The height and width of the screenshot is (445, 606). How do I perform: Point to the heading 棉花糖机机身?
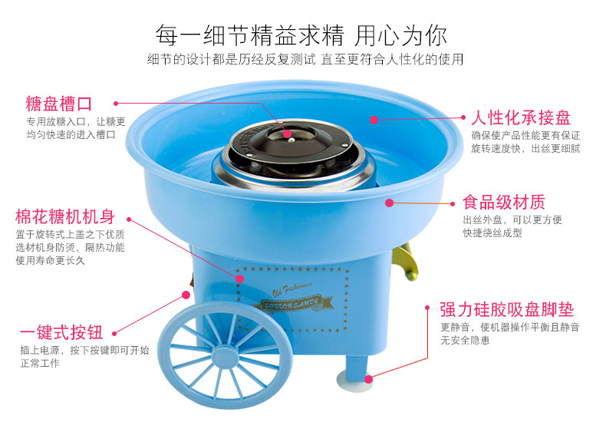(65, 216)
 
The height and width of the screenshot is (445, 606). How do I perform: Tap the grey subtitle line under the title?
(305, 59)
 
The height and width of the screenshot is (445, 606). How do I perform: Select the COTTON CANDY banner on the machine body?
(289, 305)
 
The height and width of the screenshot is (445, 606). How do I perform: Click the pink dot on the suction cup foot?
(369, 377)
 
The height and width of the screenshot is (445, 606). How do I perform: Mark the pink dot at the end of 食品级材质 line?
(389, 203)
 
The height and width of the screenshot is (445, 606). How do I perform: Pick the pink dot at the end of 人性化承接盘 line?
(374, 119)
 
